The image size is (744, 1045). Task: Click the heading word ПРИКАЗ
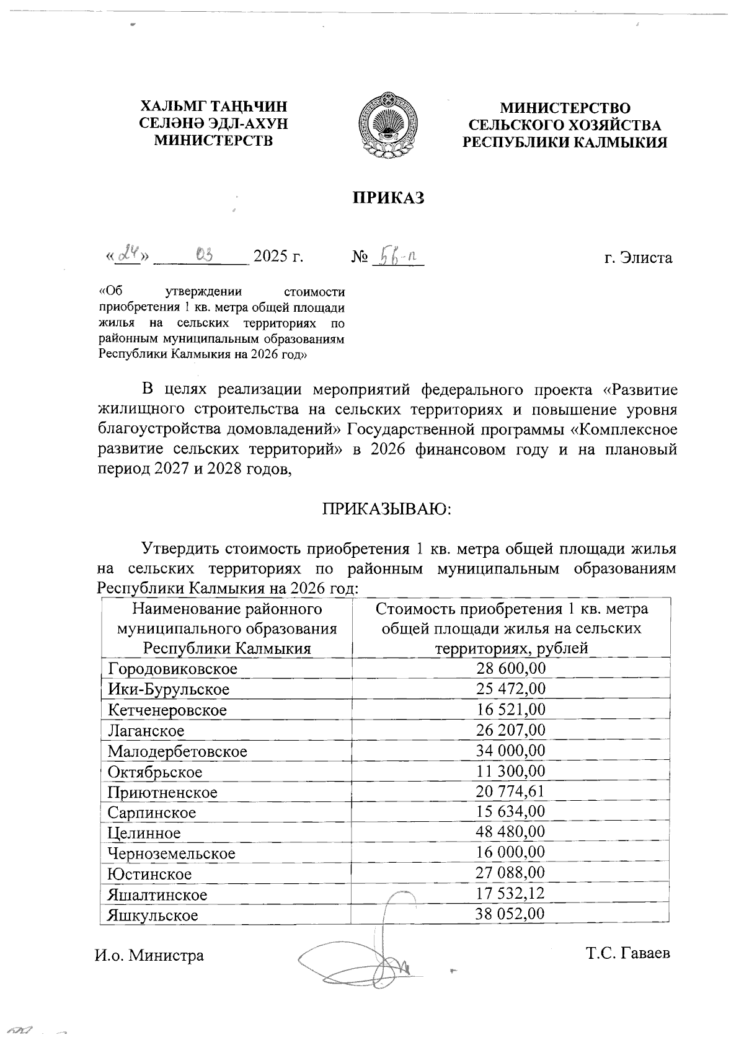[x=388, y=198]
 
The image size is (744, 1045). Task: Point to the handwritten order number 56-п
[x=397, y=255]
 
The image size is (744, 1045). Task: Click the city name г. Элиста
[x=638, y=257]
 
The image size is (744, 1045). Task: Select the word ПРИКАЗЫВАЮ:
[x=387, y=509]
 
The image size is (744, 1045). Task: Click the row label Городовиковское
[x=172, y=669]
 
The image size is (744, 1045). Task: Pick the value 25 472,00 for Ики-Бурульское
[x=510, y=689]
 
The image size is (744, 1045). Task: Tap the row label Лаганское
[x=146, y=731]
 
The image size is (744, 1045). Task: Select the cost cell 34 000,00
[x=510, y=751]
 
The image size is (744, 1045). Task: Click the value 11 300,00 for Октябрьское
[x=510, y=771]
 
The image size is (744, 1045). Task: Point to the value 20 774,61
[x=510, y=791]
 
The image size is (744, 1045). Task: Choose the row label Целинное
[x=144, y=833]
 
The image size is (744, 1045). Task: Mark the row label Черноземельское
[x=171, y=853]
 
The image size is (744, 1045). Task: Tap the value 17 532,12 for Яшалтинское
[x=510, y=893]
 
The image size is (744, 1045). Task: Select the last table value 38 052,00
[x=510, y=914]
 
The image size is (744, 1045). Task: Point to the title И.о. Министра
[x=149, y=955]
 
